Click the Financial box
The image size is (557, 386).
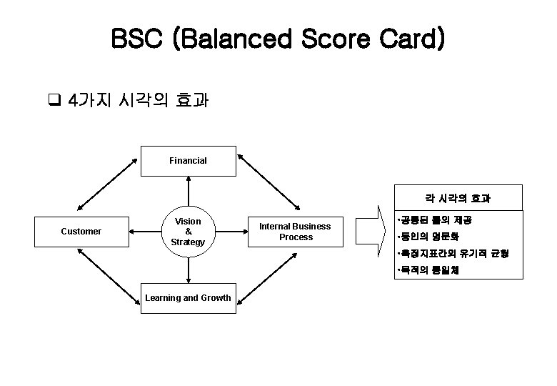pyautogui.click(x=188, y=161)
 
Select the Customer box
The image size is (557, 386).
pyautogui.click(x=81, y=232)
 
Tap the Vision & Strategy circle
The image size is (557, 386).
pyautogui.click(x=188, y=232)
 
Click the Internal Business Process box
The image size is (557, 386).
pyautogui.click(x=295, y=232)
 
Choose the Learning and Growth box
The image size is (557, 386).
pyautogui.click(x=188, y=298)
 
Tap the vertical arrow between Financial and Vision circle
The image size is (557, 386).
pyautogui.click(x=188, y=192)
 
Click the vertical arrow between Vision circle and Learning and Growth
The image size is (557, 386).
pyautogui.click(x=188, y=269)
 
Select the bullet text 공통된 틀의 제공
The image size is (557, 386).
pyautogui.click(x=436, y=221)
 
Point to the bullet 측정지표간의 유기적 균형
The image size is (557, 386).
pyautogui.click(x=452, y=254)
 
